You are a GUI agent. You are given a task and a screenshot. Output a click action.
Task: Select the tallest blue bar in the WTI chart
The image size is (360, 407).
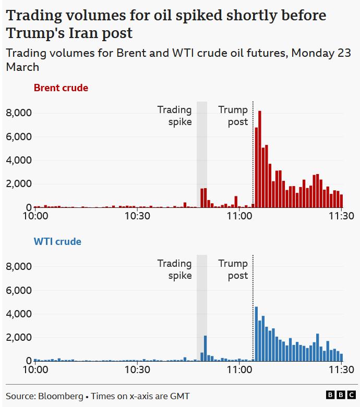click(256, 334)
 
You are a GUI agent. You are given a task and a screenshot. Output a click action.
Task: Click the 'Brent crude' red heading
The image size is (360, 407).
click(61, 88)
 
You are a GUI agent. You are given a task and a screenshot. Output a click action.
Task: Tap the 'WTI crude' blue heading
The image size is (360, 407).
click(57, 242)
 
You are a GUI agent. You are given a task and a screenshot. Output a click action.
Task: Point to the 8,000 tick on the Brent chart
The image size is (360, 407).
click(19, 113)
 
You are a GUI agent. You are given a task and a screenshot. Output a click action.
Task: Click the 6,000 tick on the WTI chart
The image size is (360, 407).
click(19, 290)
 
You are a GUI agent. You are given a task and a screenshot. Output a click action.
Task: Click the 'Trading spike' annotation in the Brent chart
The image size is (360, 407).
click(175, 116)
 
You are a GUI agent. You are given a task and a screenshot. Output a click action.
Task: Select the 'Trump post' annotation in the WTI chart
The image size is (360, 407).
click(233, 269)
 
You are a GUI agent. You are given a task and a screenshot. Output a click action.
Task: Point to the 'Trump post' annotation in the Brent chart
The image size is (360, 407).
click(233, 116)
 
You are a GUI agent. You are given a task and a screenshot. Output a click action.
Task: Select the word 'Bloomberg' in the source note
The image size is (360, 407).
click(60, 396)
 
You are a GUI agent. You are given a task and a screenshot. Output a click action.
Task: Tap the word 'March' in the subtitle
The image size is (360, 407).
click(22, 67)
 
